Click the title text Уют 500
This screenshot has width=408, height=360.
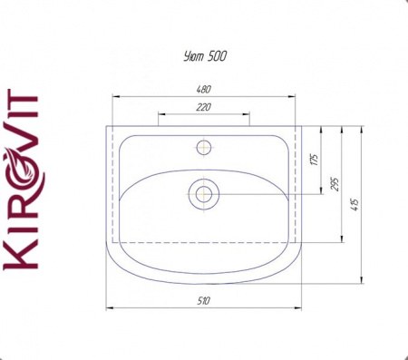pyautogui.click(x=205, y=56)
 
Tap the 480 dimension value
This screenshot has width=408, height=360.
pyautogui.click(x=204, y=90)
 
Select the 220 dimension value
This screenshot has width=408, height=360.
pyautogui.click(x=204, y=107)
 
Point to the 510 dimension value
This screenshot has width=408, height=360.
pyautogui.click(x=204, y=301)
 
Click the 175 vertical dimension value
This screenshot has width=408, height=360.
pyautogui.click(x=315, y=160)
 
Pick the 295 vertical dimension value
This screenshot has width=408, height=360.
pyautogui.click(x=335, y=184)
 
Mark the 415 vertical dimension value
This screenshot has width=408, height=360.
pyautogui.click(x=355, y=205)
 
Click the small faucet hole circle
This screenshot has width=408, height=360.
pyautogui.click(x=204, y=148)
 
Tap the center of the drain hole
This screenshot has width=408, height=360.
pyautogui.click(x=204, y=194)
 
